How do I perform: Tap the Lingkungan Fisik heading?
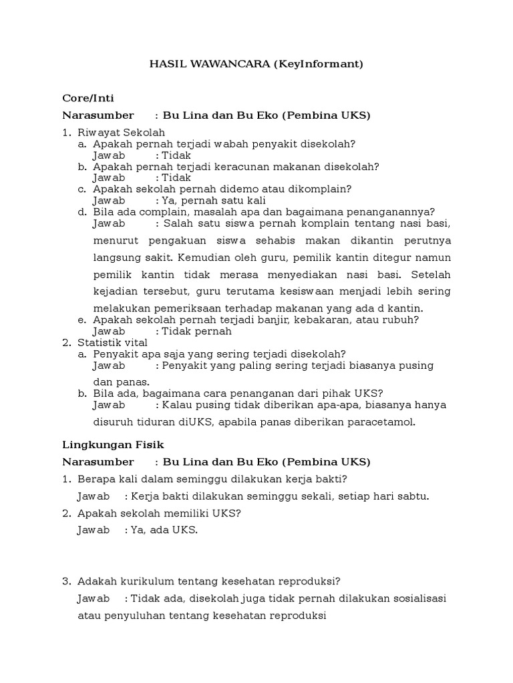[x=113, y=444]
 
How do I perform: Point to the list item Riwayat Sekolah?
[x=121, y=132]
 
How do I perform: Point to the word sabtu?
[x=412, y=496]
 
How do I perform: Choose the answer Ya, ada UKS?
[x=165, y=530]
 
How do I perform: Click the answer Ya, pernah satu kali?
[x=214, y=200]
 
